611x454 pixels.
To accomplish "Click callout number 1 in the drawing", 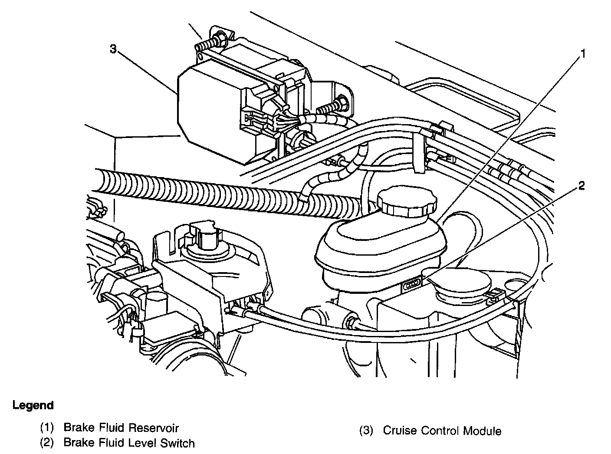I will point(583,54).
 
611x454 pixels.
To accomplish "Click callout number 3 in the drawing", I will point(113,49).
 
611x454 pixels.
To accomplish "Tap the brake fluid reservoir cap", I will point(407,201).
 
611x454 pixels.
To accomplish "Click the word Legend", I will point(33,405).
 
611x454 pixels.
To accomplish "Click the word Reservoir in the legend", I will point(154,428).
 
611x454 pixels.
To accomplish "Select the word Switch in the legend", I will point(179,443).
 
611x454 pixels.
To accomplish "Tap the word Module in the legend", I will point(482,431).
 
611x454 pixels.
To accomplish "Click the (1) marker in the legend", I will point(47,428).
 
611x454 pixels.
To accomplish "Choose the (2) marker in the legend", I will point(47,443).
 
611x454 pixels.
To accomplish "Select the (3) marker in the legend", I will point(366,431).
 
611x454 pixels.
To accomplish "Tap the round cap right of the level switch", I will point(462,287).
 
